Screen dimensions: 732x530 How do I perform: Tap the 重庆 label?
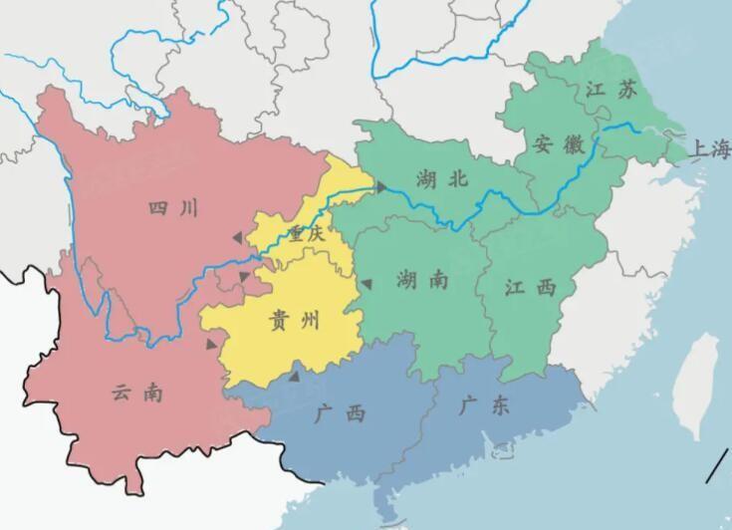[307, 235]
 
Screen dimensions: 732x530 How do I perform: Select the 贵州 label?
[295, 320]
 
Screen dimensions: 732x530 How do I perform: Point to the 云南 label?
[137, 393]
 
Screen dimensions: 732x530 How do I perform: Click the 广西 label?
[338, 413]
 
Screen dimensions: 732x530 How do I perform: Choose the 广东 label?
[485, 405]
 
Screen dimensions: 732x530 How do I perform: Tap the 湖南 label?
[421, 280]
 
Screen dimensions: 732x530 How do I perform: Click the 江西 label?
[529, 287]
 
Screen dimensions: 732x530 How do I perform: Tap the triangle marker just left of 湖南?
[366, 285]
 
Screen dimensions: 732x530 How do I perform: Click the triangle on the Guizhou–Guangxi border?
[294, 377]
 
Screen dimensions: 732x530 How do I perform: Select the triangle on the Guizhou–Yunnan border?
[212, 345]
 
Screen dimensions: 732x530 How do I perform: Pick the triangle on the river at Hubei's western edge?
[379, 186]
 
